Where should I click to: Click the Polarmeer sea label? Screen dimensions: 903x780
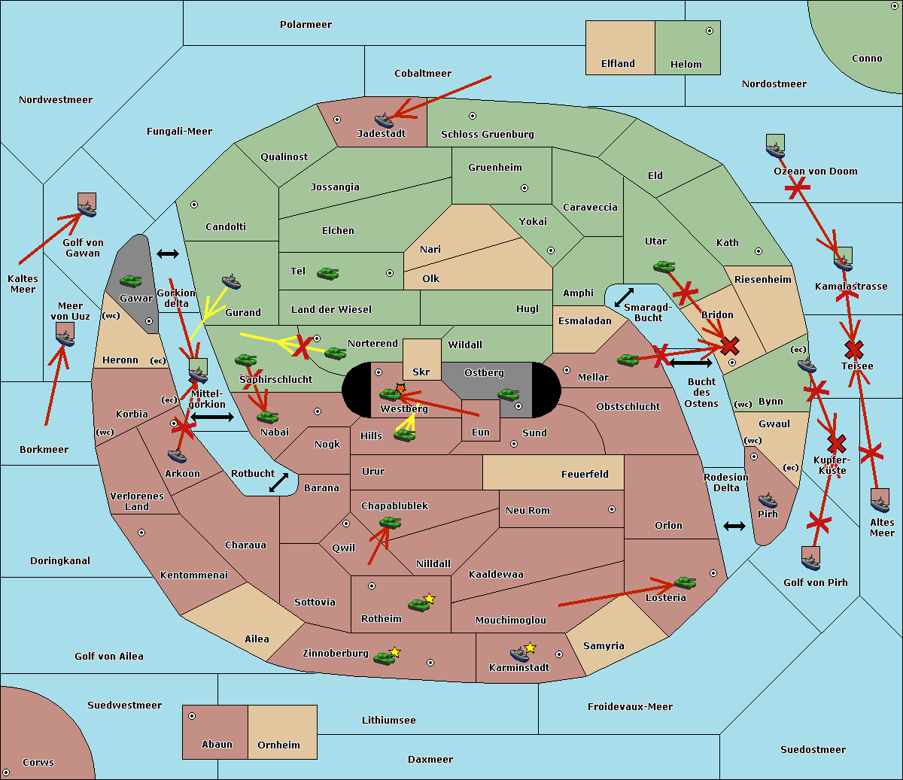pyautogui.click(x=306, y=25)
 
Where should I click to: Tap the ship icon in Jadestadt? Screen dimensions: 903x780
pyautogui.click(x=385, y=120)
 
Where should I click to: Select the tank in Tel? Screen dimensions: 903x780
pyautogui.click(x=327, y=273)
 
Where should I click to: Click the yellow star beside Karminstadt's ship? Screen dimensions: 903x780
pyautogui.click(x=530, y=648)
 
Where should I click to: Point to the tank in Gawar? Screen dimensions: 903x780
pyautogui.click(x=131, y=281)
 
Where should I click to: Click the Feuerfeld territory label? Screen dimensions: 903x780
pyautogui.click(x=585, y=474)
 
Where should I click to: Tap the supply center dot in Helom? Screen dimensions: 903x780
pyautogui.click(x=710, y=31)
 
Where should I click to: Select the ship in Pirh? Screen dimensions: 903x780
pyautogui.click(x=768, y=500)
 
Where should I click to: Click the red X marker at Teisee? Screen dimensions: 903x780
pyautogui.click(x=854, y=350)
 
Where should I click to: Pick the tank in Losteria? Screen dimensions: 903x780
pyautogui.click(x=685, y=582)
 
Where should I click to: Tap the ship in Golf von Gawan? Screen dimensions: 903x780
pyautogui.click(x=87, y=208)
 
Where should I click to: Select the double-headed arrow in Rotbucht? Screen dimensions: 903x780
pyautogui.click(x=278, y=482)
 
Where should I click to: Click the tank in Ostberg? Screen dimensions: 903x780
pyautogui.click(x=509, y=395)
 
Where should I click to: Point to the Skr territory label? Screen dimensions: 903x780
pyautogui.click(x=421, y=372)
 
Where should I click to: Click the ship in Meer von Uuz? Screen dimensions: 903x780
pyautogui.click(x=65, y=338)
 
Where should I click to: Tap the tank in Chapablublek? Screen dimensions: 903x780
pyautogui.click(x=390, y=522)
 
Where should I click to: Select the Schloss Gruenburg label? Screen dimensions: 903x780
pyautogui.click(x=488, y=135)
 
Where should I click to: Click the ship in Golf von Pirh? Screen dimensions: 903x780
pyautogui.click(x=811, y=563)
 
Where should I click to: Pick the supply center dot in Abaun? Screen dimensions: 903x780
pyautogui.click(x=192, y=716)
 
